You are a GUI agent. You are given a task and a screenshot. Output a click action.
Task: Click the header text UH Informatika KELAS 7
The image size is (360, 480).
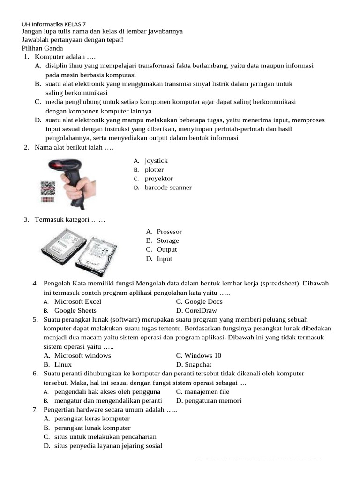pyautogui.click(x=54, y=23)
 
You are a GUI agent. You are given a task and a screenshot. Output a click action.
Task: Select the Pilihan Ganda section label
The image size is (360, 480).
pyautogui.click(x=42, y=48)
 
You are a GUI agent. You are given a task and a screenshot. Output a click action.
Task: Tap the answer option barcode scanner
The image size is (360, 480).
pyautogui.click(x=168, y=187)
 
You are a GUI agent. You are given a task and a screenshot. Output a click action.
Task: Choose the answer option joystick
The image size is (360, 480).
pyautogui.click(x=156, y=161)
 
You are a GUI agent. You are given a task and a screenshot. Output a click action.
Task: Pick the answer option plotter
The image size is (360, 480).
pyautogui.click(x=154, y=170)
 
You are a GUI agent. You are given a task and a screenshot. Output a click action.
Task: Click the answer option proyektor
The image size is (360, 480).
pyautogui.click(x=159, y=179)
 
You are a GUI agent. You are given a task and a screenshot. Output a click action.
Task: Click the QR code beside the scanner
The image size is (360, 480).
pyautogui.click(x=47, y=188)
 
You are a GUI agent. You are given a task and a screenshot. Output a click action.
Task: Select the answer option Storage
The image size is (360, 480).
pyautogui.click(x=168, y=240)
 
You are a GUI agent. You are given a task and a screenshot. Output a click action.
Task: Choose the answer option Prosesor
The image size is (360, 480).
pyautogui.click(x=169, y=232)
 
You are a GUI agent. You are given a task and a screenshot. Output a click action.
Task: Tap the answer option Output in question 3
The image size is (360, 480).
pyautogui.click(x=167, y=249)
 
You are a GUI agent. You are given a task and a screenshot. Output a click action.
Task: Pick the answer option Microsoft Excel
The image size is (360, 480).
pyautogui.click(x=78, y=301)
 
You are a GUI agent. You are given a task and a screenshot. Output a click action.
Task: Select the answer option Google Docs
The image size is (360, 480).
pyautogui.click(x=199, y=301)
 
